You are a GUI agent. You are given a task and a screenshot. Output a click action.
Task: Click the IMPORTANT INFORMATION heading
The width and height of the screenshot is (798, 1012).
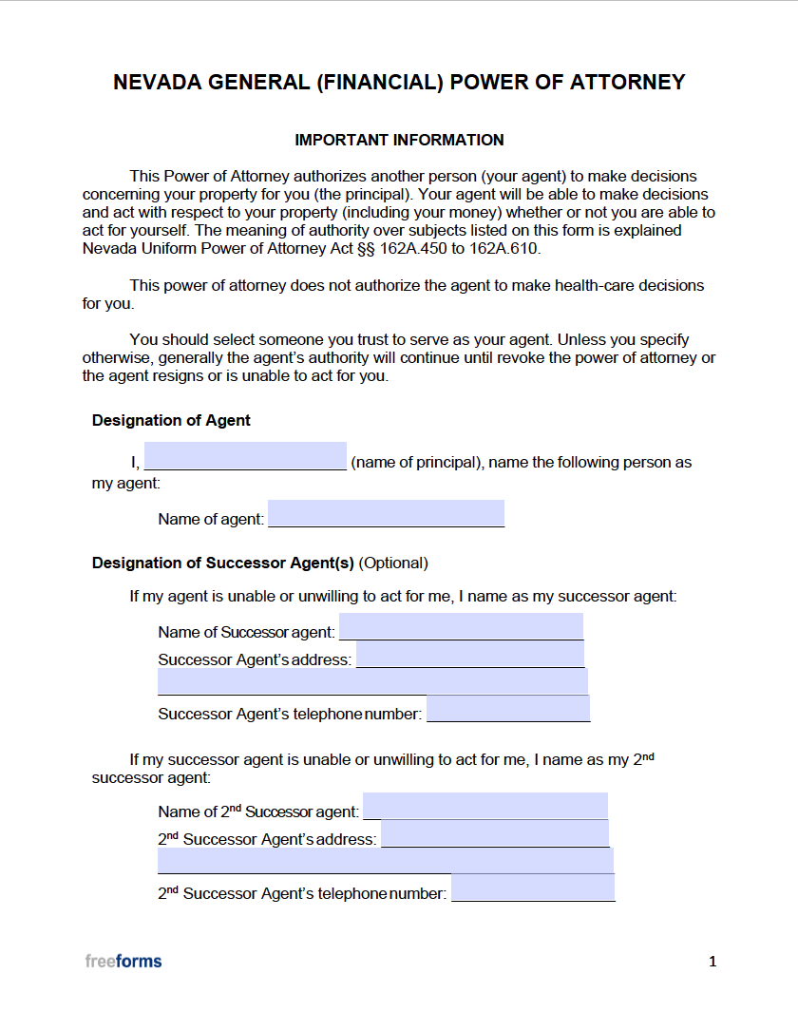(x=399, y=140)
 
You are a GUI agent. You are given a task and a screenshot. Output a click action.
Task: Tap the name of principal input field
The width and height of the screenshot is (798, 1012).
(x=245, y=456)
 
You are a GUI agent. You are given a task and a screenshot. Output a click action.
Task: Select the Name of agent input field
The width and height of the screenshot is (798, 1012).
(x=386, y=513)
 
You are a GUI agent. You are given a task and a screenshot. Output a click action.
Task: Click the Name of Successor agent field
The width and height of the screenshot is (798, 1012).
(x=461, y=626)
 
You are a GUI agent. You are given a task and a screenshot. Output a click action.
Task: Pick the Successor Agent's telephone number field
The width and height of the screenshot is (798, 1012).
(x=508, y=708)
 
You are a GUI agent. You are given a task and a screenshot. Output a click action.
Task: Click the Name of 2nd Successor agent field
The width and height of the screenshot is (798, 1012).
(x=485, y=806)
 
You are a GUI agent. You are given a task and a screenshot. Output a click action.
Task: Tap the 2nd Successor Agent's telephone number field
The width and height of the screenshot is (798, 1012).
(x=533, y=888)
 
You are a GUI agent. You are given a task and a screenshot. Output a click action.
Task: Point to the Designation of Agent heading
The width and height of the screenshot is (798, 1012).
(x=171, y=420)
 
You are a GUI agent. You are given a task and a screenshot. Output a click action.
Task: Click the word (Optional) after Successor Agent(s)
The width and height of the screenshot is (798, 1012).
(x=394, y=563)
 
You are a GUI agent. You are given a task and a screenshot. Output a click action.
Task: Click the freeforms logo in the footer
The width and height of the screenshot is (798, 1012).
(x=123, y=961)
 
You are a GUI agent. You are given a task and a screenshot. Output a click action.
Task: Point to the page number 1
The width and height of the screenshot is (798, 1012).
(x=712, y=962)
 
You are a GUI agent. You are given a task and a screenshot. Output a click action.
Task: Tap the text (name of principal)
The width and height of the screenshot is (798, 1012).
(x=413, y=463)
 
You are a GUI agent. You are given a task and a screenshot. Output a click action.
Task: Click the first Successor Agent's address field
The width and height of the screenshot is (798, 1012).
(x=470, y=655)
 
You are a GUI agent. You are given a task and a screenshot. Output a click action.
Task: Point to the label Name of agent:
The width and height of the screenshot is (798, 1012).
(x=211, y=519)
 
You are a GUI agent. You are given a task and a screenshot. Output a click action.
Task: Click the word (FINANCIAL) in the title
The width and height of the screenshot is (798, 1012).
(x=380, y=83)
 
